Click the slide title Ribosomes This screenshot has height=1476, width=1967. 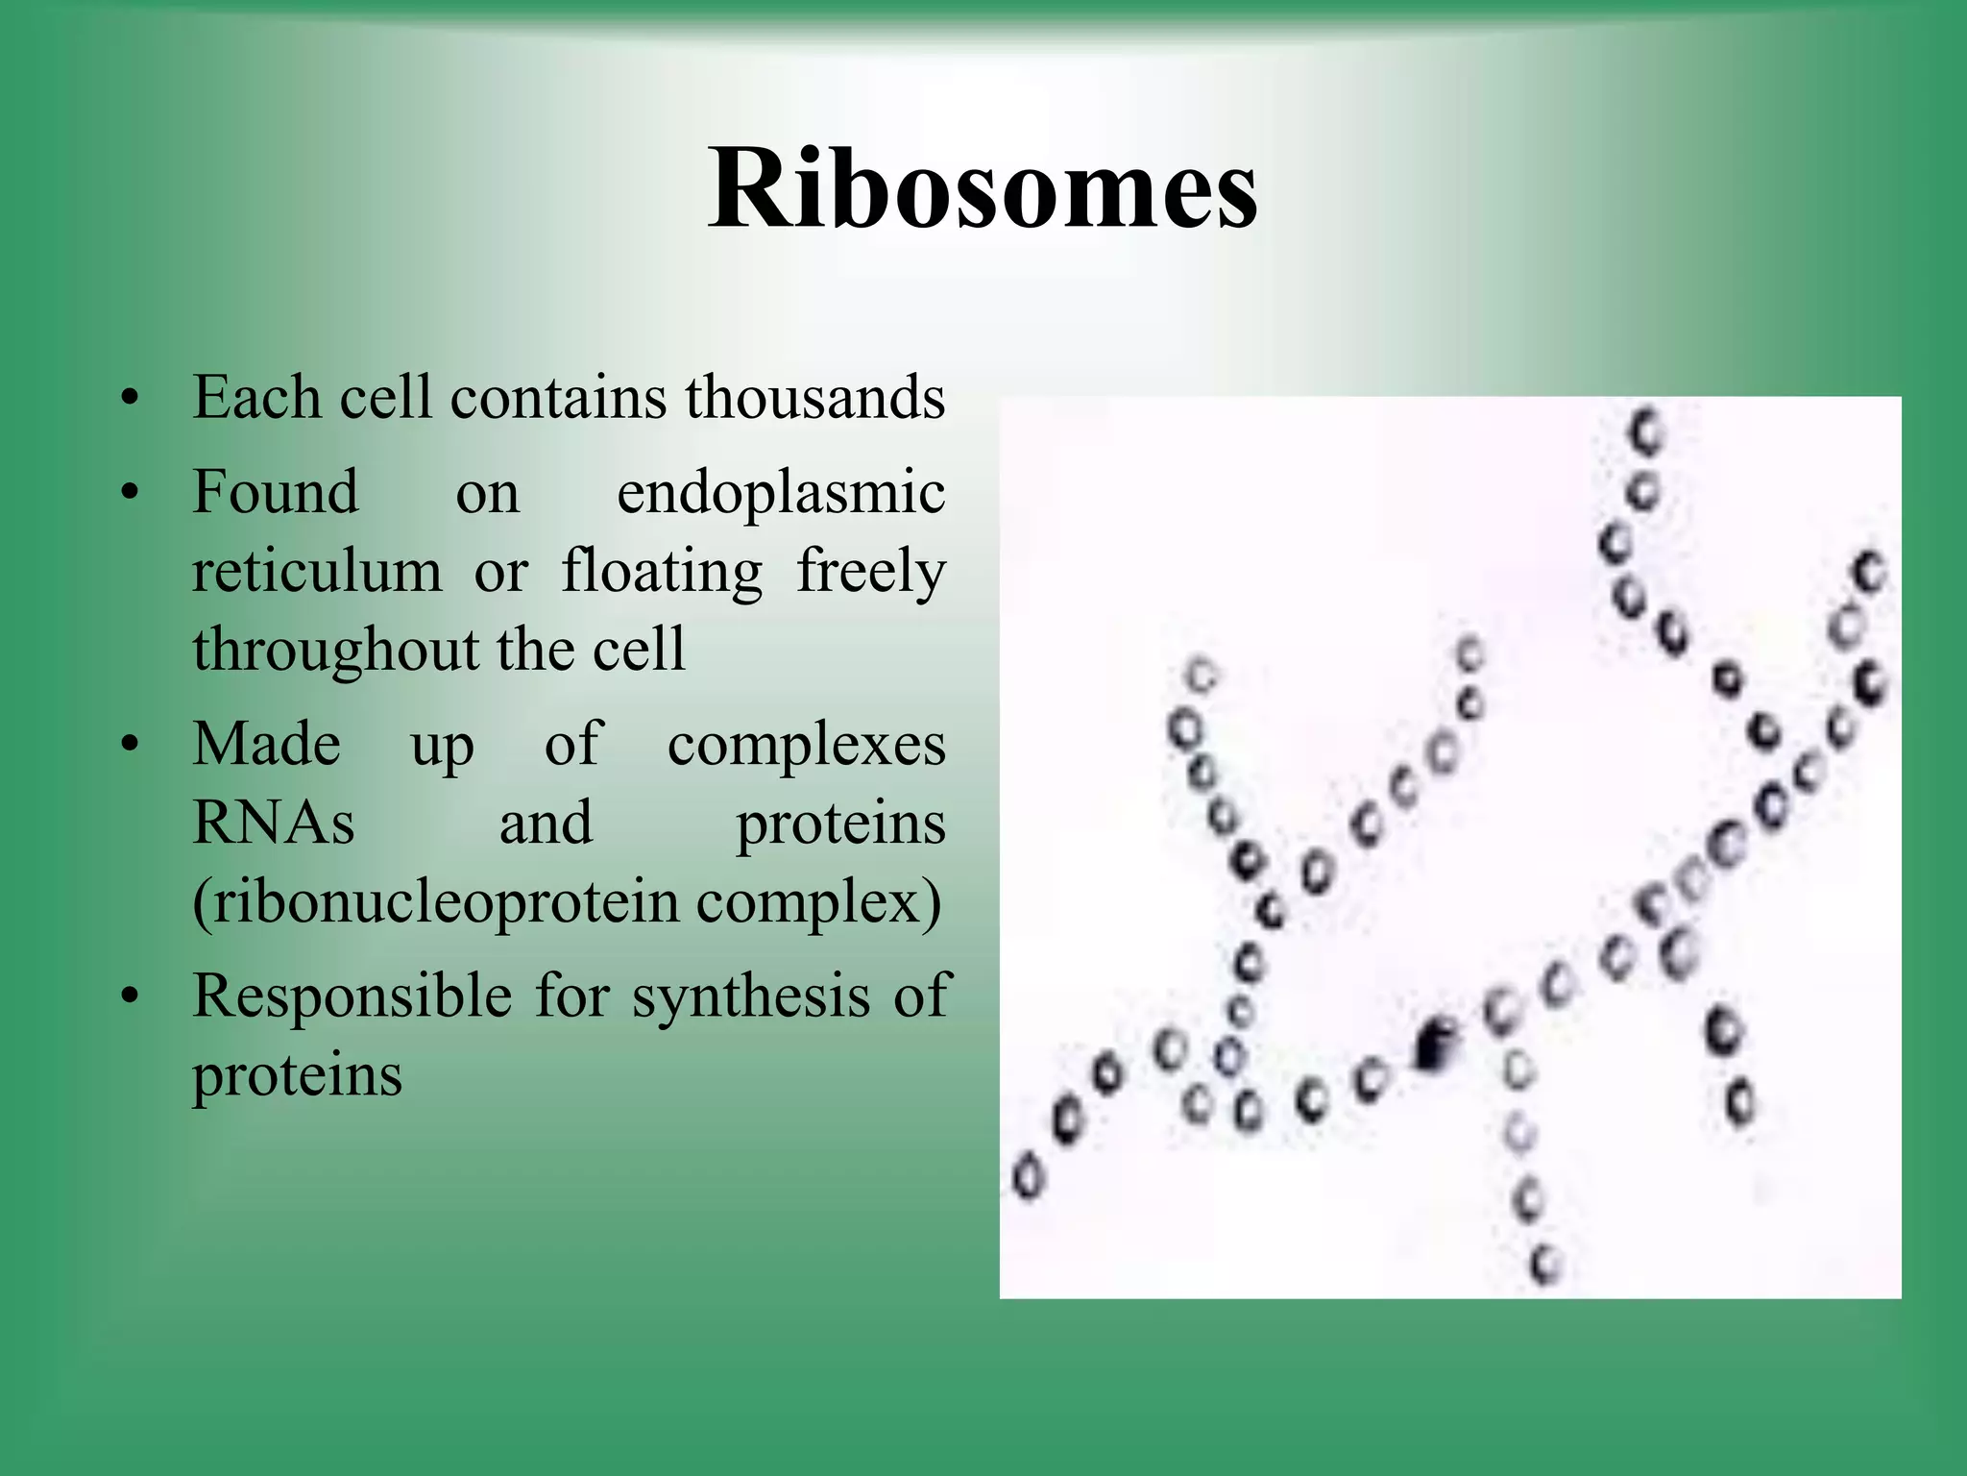click(x=982, y=189)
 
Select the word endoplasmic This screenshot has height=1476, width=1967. click(x=780, y=493)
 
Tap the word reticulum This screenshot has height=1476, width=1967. click(x=317, y=571)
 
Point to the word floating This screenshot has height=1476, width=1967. click(x=662, y=571)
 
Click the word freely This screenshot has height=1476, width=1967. click(x=870, y=573)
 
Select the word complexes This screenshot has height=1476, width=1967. click(x=806, y=746)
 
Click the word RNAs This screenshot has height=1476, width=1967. click(x=273, y=824)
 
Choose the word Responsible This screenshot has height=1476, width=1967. click(x=352, y=996)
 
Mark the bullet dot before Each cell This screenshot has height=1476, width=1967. click(x=131, y=398)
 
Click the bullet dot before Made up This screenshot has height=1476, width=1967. click(x=131, y=746)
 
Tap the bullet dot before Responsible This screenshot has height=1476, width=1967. click(x=131, y=996)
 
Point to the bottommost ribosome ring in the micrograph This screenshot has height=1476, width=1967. click(x=1545, y=1262)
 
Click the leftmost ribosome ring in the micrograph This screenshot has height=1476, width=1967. click(x=1027, y=1176)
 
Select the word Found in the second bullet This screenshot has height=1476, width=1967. click(x=275, y=493)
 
